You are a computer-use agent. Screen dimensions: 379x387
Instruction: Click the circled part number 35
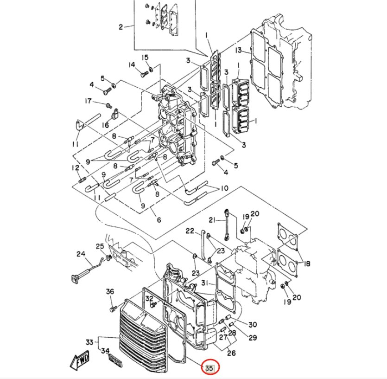coord(209,368)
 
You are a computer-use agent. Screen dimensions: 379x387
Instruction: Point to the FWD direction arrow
coord(79,360)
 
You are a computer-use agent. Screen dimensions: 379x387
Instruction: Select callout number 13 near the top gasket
coord(238,50)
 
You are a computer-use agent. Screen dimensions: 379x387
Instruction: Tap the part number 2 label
coord(121,27)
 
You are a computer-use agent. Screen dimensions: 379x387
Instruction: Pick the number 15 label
coord(145,58)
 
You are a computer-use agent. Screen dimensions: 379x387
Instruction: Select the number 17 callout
coord(88,101)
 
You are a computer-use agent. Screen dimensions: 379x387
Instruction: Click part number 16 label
coord(106,125)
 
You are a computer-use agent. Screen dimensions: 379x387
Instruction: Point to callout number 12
coord(75,167)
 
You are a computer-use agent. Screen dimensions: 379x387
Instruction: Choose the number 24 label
coord(81,254)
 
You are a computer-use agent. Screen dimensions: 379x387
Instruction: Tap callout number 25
coord(100,246)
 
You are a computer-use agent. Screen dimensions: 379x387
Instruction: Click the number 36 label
coord(110,291)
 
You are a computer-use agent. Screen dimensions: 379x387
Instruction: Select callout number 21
coord(212,220)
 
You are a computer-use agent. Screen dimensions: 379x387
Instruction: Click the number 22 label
coord(190,231)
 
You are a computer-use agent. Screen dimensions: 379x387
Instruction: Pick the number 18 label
coord(307,263)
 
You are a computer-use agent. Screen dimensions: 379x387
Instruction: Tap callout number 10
coord(224,188)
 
